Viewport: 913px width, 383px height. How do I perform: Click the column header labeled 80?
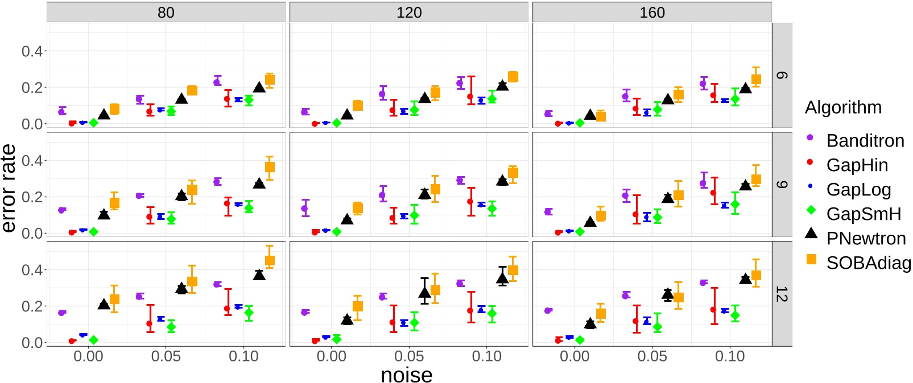point(166,13)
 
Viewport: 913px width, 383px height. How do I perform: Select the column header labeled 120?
point(408,13)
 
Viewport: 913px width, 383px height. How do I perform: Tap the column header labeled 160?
point(651,13)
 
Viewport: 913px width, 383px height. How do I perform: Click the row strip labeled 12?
point(782,294)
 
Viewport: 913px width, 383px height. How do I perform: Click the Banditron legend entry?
point(865,140)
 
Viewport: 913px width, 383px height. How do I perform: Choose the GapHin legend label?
point(857,165)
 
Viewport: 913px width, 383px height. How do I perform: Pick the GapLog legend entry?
point(858,189)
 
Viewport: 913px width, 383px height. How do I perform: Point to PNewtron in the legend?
point(865,238)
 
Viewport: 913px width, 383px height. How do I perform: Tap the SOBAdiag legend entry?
point(867,263)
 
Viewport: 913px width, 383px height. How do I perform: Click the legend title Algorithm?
point(843,107)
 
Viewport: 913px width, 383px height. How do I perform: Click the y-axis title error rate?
point(9,188)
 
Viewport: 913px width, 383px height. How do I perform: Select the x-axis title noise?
point(406,375)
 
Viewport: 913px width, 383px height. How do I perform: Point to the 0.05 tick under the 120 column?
point(408,356)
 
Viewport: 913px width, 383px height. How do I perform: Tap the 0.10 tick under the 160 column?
point(729,356)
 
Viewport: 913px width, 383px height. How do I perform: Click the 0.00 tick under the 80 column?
point(88,356)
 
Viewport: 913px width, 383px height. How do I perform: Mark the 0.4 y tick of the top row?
point(32,51)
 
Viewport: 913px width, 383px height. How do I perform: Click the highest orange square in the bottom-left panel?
point(270,261)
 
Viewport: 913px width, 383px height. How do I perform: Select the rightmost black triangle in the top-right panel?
point(745,88)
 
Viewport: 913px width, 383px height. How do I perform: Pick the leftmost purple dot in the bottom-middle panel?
point(305,312)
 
